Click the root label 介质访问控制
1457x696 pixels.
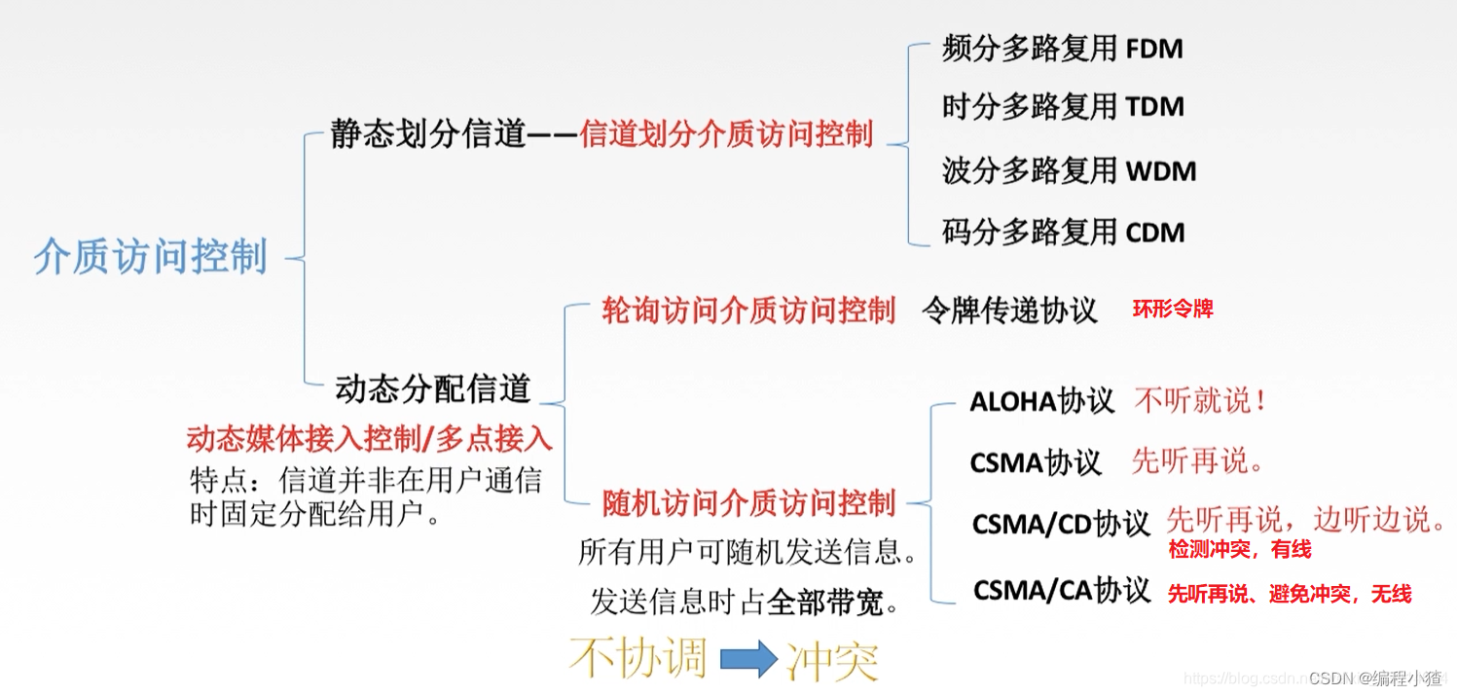[x=151, y=257]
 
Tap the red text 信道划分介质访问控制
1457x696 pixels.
[x=726, y=134]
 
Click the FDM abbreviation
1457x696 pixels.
[x=1154, y=49]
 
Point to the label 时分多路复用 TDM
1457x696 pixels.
[x=1063, y=107]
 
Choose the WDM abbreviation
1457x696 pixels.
[x=1161, y=171]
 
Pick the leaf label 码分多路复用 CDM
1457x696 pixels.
[x=1063, y=233]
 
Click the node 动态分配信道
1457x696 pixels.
[x=433, y=388]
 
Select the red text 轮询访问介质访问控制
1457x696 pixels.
[x=747, y=311]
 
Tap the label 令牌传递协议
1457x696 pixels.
[x=1009, y=311]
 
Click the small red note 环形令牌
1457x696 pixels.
[x=1173, y=310]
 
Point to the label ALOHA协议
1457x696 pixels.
[x=1041, y=401]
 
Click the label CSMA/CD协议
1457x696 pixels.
[x=1061, y=524]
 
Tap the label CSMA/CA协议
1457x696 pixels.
[x=1062, y=590]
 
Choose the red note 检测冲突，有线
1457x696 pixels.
[x=1240, y=550]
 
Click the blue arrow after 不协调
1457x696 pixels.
[x=748, y=660]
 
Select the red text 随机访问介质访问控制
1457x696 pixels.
[x=747, y=503]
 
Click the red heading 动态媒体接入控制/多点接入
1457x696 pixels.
[x=370, y=439]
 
